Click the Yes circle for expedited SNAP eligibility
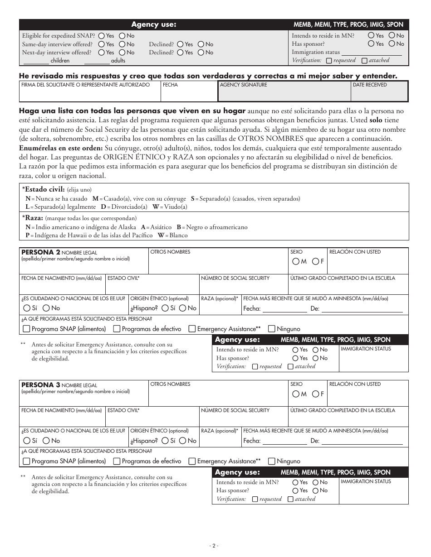(x=101, y=36)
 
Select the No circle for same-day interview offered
(x=122, y=44)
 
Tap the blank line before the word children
(x=35, y=60)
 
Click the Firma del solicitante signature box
(x=90, y=94)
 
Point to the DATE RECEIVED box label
(x=369, y=85)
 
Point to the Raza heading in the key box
(x=34, y=217)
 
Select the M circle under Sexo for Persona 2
(x=296, y=261)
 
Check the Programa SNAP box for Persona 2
(x=26, y=329)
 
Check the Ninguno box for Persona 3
(x=271, y=461)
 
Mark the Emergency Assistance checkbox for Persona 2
(x=192, y=329)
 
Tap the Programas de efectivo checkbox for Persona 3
(x=117, y=461)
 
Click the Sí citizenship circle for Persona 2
(x=26, y=308)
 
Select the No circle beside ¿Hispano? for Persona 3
(x=182, y=441)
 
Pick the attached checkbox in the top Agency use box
(x=365, y=60)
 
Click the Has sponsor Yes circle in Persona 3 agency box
(x=295, y=490)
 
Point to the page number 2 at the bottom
(x=215, y=546)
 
